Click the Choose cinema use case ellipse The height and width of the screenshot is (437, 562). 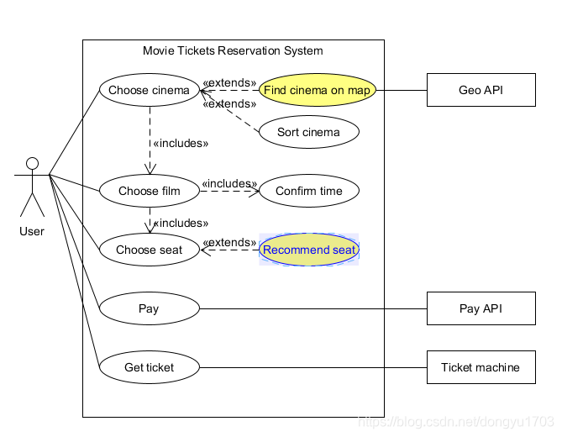(149, 90)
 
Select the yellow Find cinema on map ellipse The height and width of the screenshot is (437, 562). (318, 90)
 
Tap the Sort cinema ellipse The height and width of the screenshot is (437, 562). (309, 132)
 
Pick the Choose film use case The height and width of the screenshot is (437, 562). (149, 191)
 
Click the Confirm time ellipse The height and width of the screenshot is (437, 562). (309, 191)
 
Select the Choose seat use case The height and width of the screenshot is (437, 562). (149, 250)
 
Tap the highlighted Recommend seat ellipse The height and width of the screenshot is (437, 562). (309, 250)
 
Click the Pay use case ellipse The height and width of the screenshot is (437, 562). (149, 308)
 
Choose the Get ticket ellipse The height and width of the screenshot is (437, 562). (149, 367)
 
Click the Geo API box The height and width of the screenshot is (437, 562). (481, 90)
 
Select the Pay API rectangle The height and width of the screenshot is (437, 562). (481, 308)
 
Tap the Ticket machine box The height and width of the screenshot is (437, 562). (481, 367)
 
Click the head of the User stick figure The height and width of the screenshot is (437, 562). (32, 163)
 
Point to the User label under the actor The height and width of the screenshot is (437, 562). (32, 231)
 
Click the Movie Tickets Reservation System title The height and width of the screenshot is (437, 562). (233, 50)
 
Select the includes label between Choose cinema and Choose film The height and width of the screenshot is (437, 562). (181, 144)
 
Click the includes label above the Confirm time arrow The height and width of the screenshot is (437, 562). (229, 183)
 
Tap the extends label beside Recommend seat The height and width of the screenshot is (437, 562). (229, 242)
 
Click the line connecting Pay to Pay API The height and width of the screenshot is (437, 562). (313, 308)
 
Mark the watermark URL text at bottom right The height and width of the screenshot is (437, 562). (456, 422)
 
